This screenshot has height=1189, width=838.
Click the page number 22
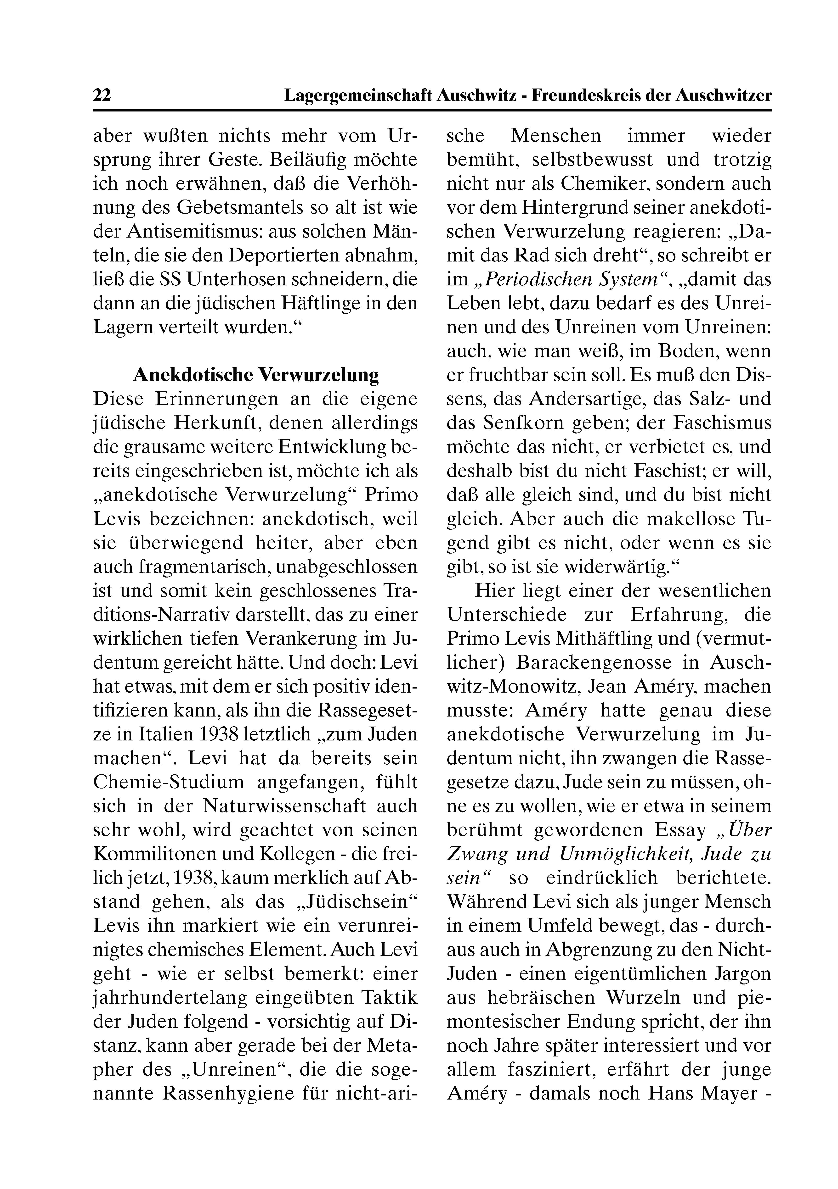click(x=102, y=95)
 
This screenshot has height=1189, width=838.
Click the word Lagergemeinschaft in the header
click(x=358, y=95)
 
